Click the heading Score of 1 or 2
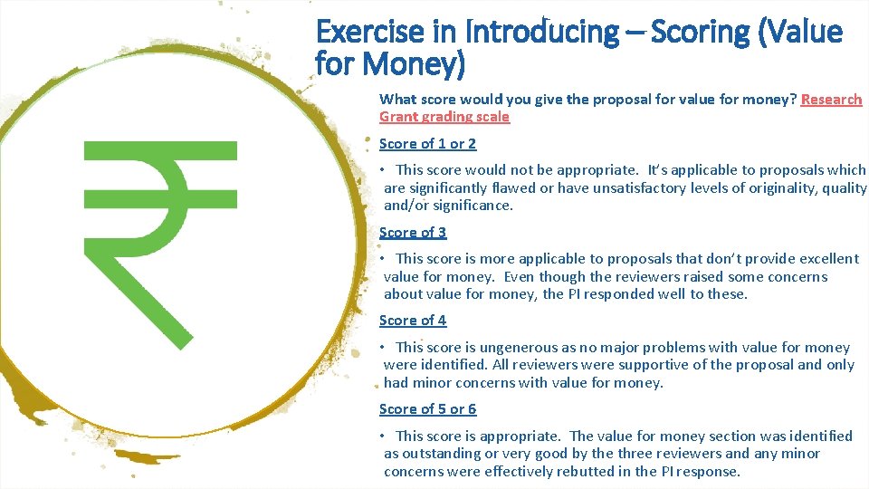click(x=427, y=143)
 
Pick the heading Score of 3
click(x=413, y=232)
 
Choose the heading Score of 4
click(x=413, y=320)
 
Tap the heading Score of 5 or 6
click(x=427, y=408)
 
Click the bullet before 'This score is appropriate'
click(x=384, y=436)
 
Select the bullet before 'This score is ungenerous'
click(x=384, y=347)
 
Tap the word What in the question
click(x=396, y=99)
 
